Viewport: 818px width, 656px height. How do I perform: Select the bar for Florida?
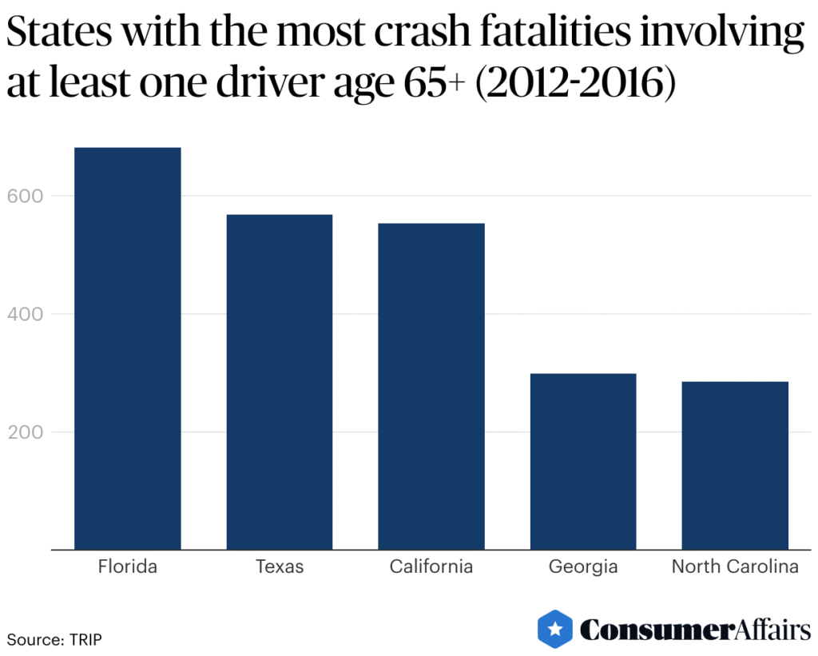click(x=128, y=348)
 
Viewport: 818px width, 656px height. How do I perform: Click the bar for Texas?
click(x=280, y=382)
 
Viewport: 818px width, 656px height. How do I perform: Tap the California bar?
click(x=431, y=386)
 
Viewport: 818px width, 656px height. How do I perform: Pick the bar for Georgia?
click(x=583, y=461)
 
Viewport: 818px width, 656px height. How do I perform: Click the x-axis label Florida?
click(x=128, y=567)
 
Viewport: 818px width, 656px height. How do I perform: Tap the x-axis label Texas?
click(x=280, y=567)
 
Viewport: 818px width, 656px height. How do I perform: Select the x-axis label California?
click(x=431, y=567)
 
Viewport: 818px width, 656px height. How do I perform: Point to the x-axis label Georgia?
click(x=583, y=567)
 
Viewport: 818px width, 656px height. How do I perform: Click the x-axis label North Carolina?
click(x=735, y=567)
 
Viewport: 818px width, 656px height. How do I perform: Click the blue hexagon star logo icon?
click(x=555, y=629)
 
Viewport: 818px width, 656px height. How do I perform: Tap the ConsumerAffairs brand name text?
click(x=695, y=630)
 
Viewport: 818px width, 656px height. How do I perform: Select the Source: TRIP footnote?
click(x=55, y=639)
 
